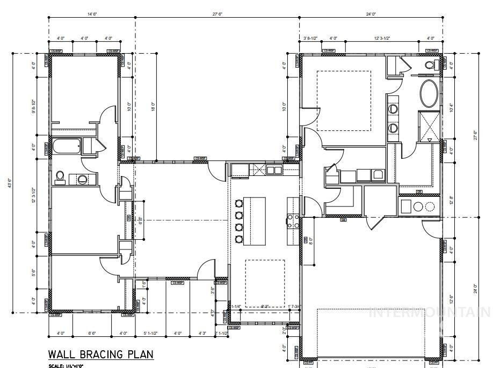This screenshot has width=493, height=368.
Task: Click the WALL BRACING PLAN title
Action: [x=101, y=355]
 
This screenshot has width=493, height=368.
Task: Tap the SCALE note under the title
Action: [x=68, y=366]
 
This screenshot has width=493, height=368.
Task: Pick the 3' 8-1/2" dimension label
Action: [x=311, y=38]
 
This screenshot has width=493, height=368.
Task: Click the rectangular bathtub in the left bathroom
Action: [x=66, y=146]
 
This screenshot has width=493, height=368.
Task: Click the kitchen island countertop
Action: [x=255, y=220]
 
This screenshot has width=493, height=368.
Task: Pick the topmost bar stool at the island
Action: [x=238, y=203]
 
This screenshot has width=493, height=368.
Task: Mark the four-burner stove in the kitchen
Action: [x=293, y=220]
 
